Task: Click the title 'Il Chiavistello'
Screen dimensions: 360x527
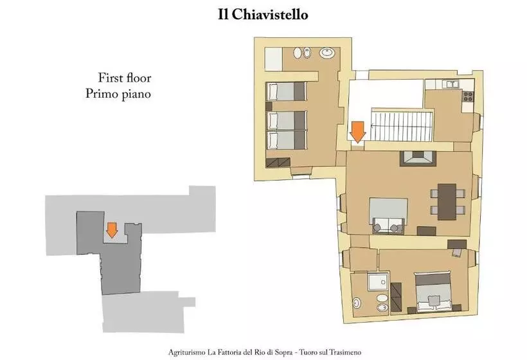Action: (263, 15)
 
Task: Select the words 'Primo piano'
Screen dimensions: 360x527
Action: (118, 94)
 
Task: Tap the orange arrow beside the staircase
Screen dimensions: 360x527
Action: (357, 131)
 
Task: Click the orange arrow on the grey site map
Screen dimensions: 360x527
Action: (112, 229)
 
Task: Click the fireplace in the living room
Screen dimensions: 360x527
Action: (417, 157)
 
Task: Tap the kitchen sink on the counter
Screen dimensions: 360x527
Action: (452, 84)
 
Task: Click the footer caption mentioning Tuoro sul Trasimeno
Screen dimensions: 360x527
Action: (265, 352)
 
